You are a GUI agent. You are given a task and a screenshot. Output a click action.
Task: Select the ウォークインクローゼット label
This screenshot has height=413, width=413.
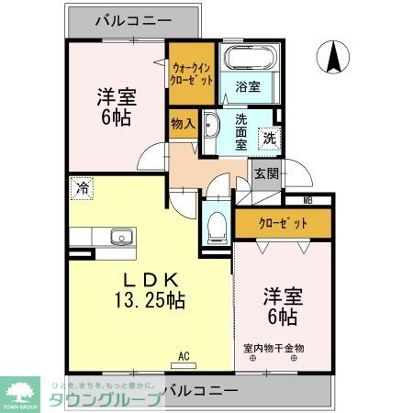193,73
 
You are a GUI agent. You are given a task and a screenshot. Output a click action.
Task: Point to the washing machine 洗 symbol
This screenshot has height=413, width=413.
270,139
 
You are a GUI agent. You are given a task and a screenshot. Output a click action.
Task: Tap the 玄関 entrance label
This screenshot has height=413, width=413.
266,173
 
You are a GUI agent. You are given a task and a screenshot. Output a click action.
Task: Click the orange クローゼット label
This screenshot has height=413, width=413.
282,223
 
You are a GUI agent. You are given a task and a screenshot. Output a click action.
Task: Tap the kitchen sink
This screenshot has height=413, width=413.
122,238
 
